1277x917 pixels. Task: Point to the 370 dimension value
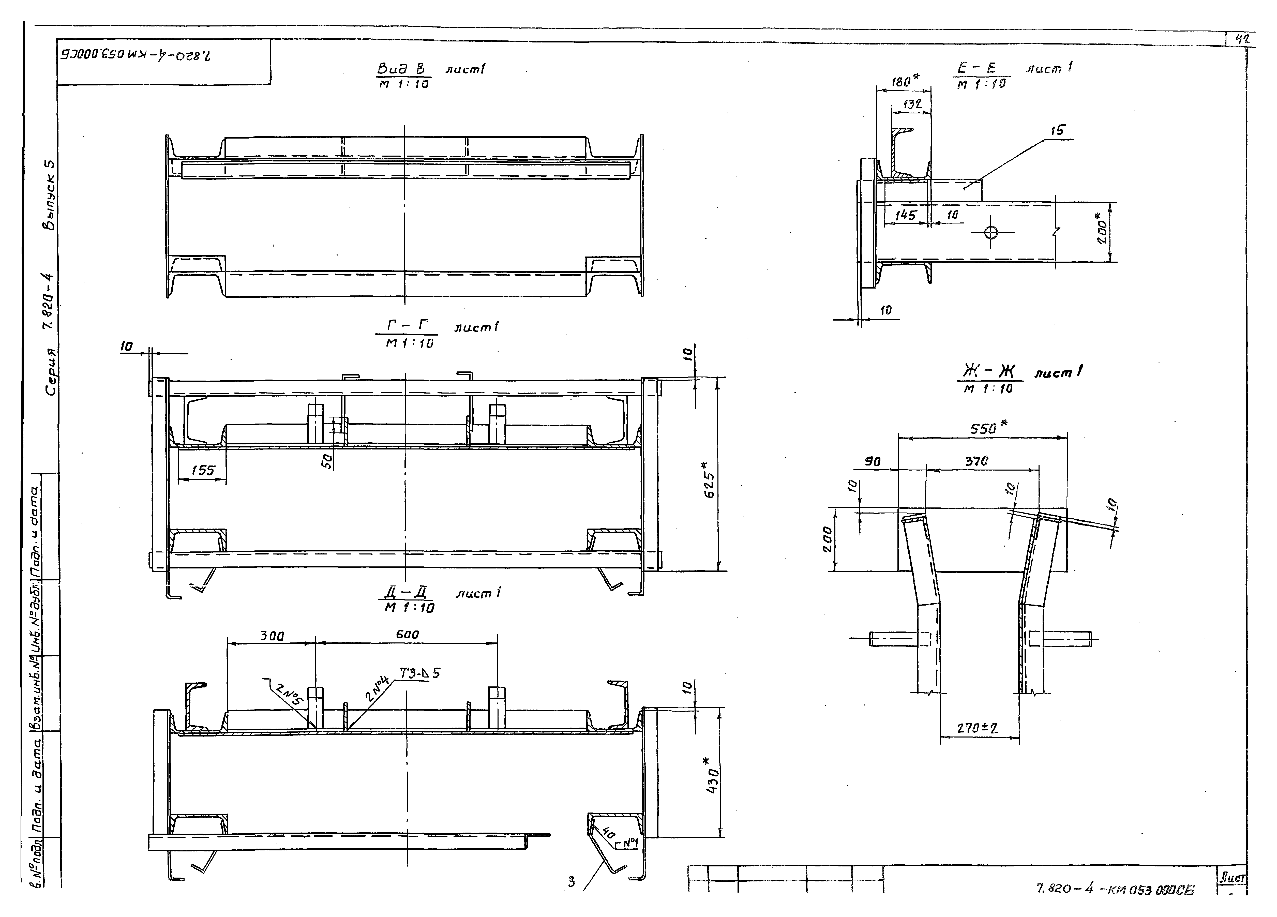pyautogui.click(x=976, y=462)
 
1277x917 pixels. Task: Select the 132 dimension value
pyautogui.click(x=912, y=105)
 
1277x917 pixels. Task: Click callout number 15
pyautogui.click(x=1057, y=131)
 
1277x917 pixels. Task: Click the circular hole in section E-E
pyautogui.click(x=991, y=232)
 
